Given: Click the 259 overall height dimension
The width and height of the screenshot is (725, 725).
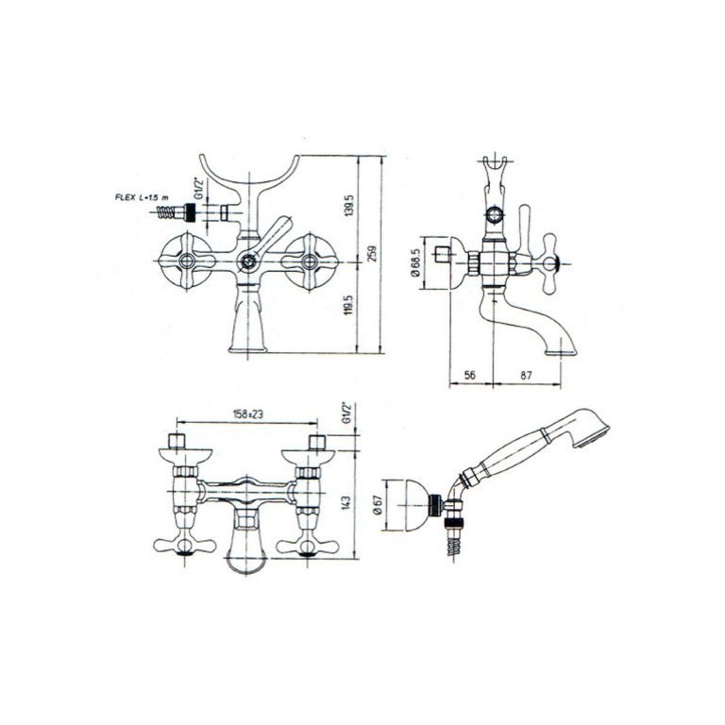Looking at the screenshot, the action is (x=372, y=254).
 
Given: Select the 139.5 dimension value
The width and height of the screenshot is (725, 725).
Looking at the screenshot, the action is (x=349, y=205).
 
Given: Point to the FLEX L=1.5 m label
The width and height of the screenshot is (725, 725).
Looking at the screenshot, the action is (x=142, y=197).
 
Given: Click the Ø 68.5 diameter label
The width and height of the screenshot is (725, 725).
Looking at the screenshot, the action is (x=414, y=264).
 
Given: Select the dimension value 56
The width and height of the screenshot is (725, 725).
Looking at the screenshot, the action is (x=470, y=375).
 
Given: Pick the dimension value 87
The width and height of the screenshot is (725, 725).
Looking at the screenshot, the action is (x=526, y=375).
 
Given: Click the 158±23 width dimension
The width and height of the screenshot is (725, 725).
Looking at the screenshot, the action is (x=248, y=414).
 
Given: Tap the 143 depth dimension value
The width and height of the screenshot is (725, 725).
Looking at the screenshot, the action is (x=348, y=503).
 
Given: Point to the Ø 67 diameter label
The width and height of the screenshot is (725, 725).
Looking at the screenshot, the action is (x=378, y=506).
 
